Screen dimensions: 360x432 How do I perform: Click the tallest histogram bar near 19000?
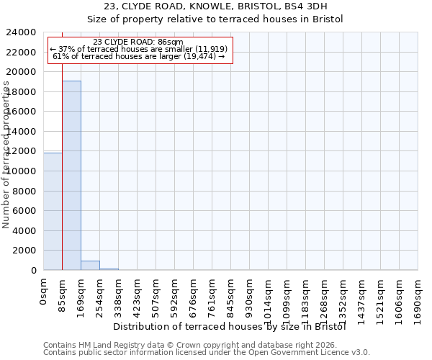pos(71,175)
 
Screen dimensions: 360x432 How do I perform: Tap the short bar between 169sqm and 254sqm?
pos(90,265)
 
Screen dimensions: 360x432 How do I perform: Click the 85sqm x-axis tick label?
pos(63,294)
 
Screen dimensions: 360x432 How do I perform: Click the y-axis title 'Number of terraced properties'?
pos(6,155)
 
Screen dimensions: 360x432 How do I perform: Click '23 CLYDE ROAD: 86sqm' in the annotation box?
pos(138,42)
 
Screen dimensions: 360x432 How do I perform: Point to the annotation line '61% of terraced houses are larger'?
pos(138,56)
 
